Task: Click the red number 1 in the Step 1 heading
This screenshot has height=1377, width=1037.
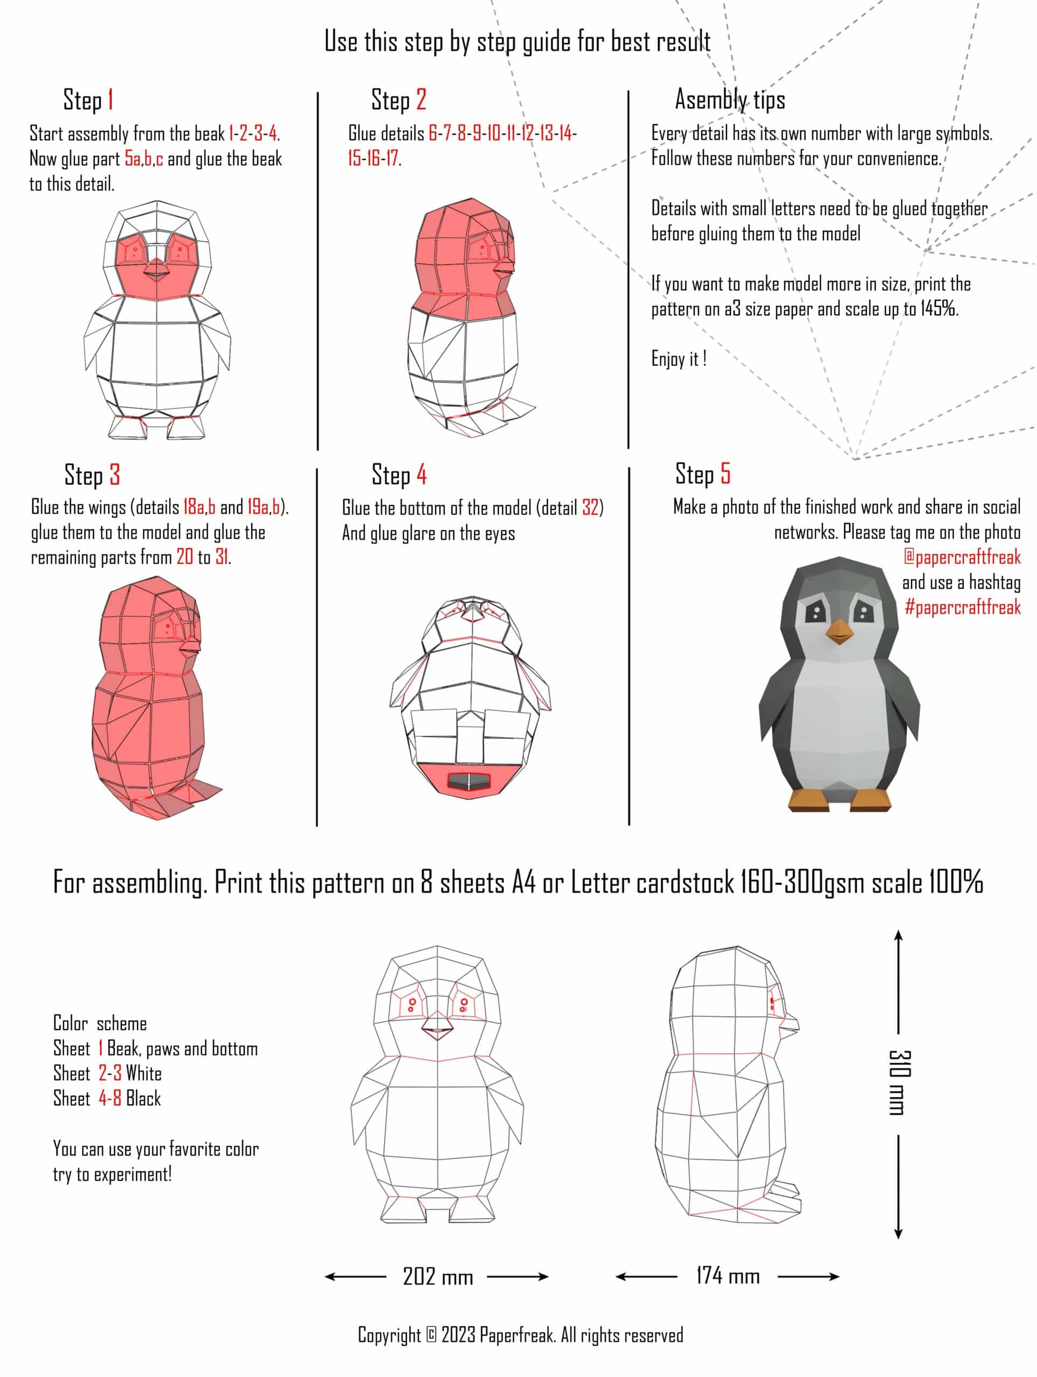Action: pos(110,100)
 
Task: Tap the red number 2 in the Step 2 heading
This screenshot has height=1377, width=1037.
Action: pos(421,100)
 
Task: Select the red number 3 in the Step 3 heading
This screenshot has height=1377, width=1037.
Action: pos(115,475)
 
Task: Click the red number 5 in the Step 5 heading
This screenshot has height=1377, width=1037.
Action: pos(725,474)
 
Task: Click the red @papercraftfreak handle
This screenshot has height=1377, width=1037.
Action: pos(962,557)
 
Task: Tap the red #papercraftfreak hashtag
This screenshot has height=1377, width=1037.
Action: pos(962,607)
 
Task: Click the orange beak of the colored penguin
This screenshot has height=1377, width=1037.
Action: pos(839,633)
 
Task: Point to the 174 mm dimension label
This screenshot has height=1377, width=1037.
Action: pos(728,1276)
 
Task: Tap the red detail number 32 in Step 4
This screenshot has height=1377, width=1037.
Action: pos(590,507)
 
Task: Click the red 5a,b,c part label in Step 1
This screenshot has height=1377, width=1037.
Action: pos(144,159)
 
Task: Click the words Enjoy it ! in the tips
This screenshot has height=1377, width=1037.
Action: pos(678,359)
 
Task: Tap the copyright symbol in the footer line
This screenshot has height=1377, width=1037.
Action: pos(431,1335)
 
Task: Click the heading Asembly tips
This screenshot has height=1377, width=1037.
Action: pos(730,100)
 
